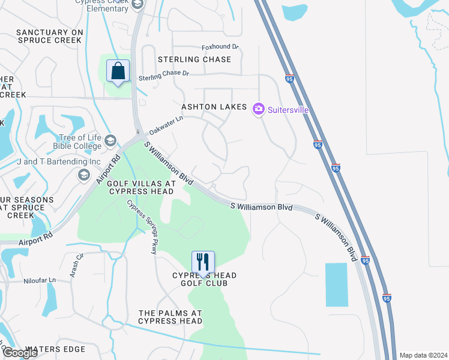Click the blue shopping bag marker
(118, 71)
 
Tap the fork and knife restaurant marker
(203, 262)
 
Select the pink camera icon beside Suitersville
(259, 109)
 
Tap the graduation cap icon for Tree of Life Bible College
(110, 141)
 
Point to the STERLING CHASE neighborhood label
(194, 59)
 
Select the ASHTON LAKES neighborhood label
(214, 107)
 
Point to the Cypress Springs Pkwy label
(142, 227)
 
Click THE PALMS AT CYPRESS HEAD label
(170, 317)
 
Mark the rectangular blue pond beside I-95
(336, 284)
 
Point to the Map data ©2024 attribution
(423, 355)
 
